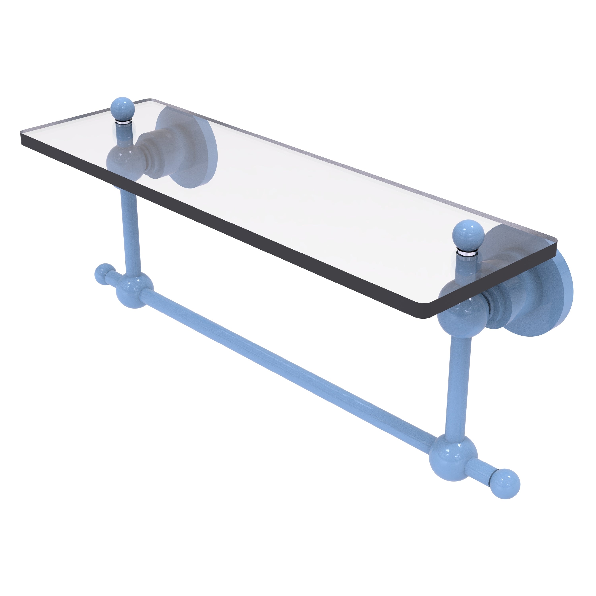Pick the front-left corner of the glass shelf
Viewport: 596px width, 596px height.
tap(22, 142)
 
